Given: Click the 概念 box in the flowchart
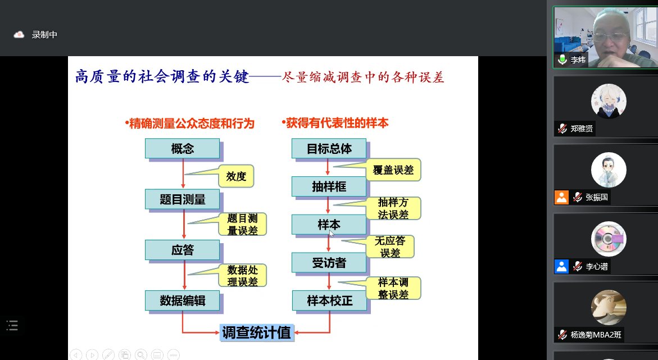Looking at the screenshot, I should point(182,149).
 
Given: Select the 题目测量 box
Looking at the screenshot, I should point(182,199).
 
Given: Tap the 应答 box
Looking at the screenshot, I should point(182,250).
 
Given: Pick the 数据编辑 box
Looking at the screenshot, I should point(182,300).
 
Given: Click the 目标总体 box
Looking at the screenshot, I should point(329,149).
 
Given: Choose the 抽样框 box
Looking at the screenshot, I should point(329,186).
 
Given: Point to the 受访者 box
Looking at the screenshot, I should point(329,262).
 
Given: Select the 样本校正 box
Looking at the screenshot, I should point(329,300).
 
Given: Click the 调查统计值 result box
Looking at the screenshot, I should point(256,332).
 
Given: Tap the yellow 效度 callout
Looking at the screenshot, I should point(236,176).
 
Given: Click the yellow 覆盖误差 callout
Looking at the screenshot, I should point(393,170).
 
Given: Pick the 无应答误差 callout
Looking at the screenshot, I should point(390,247).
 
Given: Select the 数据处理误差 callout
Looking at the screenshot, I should point(242,276).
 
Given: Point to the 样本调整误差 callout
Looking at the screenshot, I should point(393,288).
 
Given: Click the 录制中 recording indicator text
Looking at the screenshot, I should point(44,35).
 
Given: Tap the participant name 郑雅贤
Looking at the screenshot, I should point(582,129).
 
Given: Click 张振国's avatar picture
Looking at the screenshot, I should point(609,170).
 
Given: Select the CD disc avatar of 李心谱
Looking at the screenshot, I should point(609,239).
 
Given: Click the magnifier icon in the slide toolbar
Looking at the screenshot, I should point(141,354).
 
